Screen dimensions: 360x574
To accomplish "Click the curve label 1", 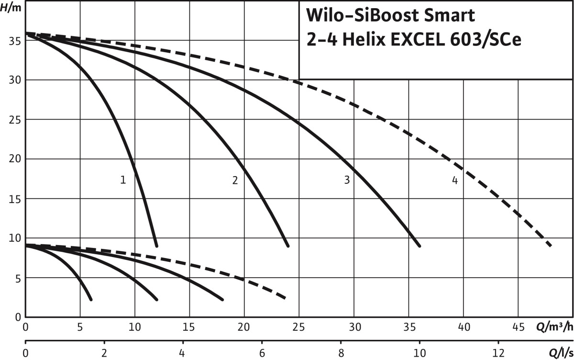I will click(123, 180).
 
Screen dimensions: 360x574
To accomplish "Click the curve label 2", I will click(235, 180).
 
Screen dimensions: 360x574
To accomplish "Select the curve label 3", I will click(347, 180).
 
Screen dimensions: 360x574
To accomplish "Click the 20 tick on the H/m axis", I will click(14, 159).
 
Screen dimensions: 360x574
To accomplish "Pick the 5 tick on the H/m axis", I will click(17, 278).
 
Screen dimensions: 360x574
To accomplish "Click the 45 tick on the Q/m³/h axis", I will click(519, 327).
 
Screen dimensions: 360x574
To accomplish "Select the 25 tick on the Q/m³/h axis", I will click(299, 327).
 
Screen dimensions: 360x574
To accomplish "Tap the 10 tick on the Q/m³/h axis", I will click(135, 327).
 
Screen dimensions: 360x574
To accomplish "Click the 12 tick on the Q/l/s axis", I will click(498, 353).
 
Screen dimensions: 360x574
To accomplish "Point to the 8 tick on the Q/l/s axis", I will click(341, 353).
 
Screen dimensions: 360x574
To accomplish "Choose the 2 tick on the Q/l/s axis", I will click(104, 353).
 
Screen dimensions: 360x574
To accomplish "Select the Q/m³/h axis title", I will click(554, 327).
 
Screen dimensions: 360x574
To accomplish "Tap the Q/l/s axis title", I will click(559, 353).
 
